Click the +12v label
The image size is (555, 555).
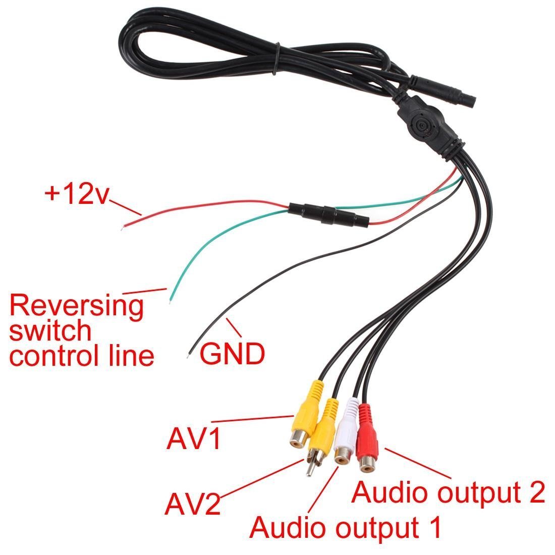76,194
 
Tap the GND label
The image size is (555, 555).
232,354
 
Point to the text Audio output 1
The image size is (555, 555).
346,527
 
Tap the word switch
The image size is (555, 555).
50,331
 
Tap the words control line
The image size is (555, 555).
82,356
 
